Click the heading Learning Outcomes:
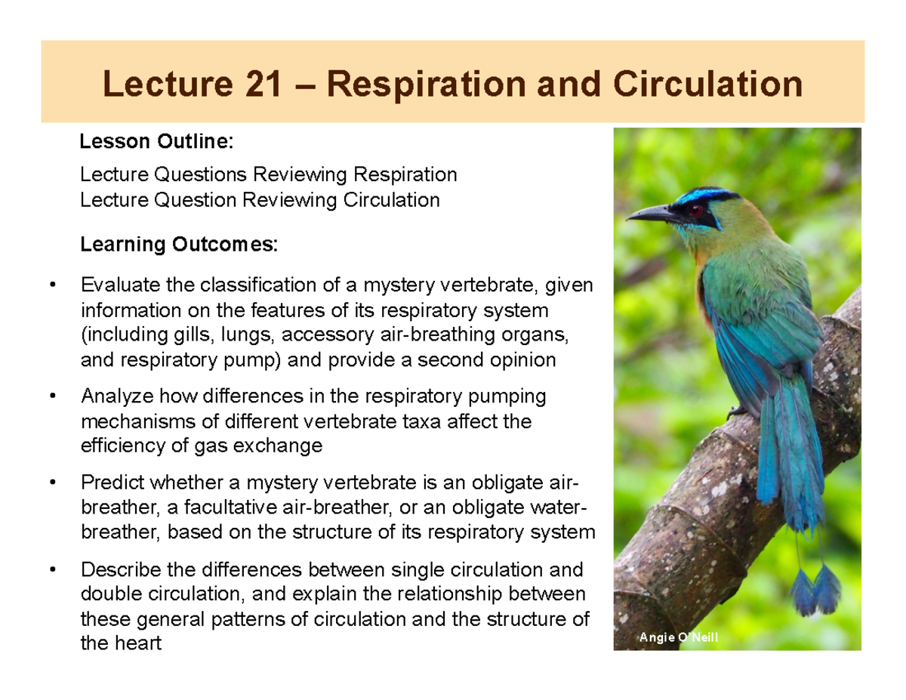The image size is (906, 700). (179, 245)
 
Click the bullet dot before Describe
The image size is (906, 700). (51, 569)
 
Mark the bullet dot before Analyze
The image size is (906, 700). (51, 396)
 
